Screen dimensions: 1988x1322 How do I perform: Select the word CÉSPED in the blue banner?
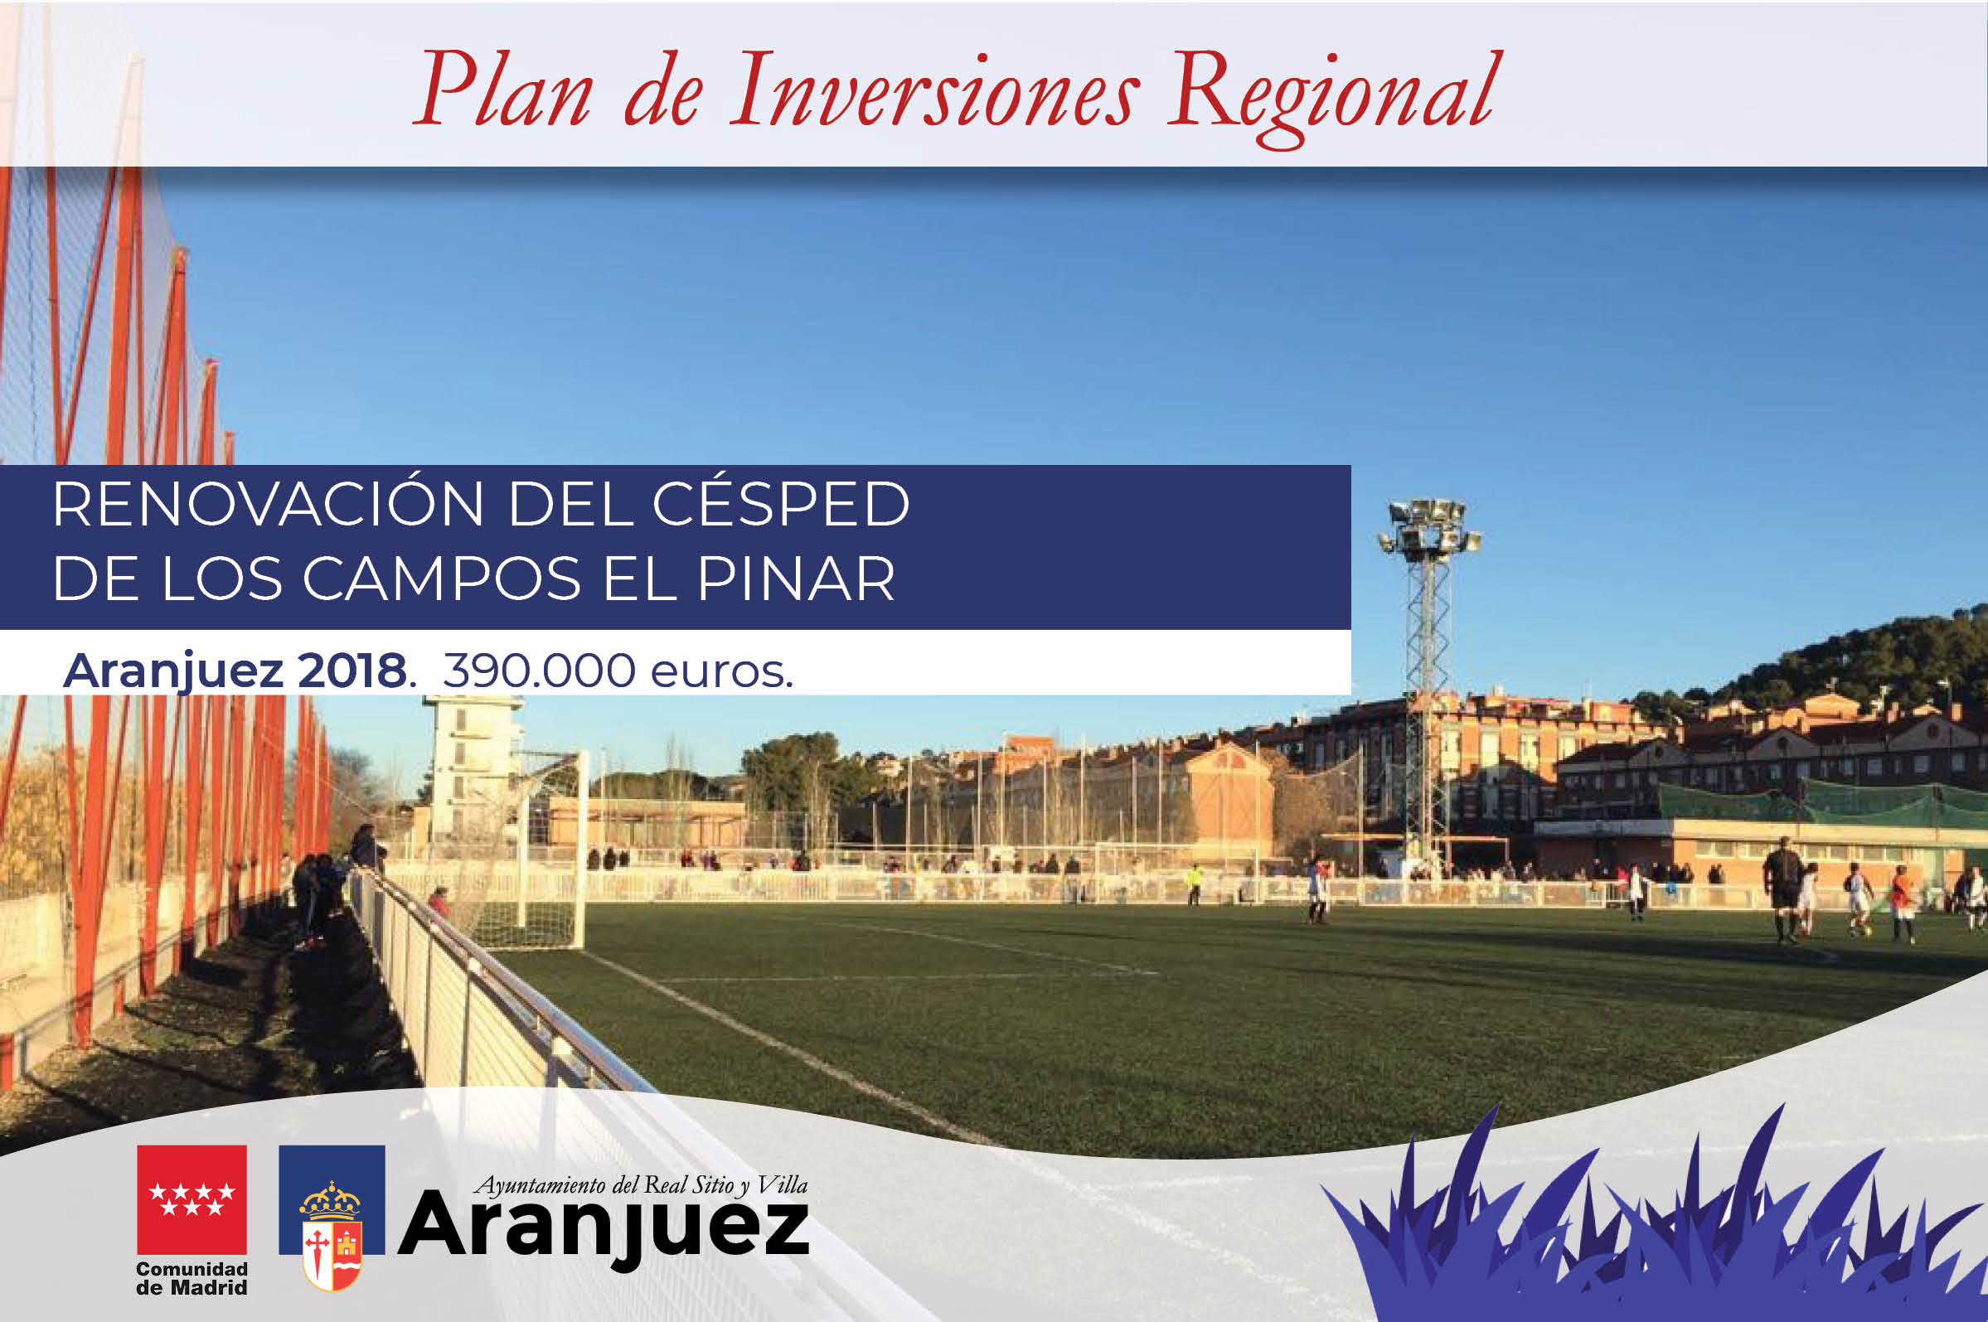click(x=781, y=504)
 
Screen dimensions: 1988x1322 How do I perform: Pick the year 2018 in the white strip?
click(x=352, y=671)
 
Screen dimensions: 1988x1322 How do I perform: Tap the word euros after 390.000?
click(x=722, y=673)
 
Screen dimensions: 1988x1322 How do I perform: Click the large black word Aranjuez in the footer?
click(x=604, y=1230)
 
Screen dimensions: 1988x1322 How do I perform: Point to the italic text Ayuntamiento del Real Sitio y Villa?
click(x=642, y=1185)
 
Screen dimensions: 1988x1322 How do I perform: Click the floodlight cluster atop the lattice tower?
click(x=1429, y=526)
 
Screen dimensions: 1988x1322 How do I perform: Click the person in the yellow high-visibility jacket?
click(x=1194, y=884)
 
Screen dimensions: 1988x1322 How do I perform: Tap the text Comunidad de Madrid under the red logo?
click(x=192, y=1278)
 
